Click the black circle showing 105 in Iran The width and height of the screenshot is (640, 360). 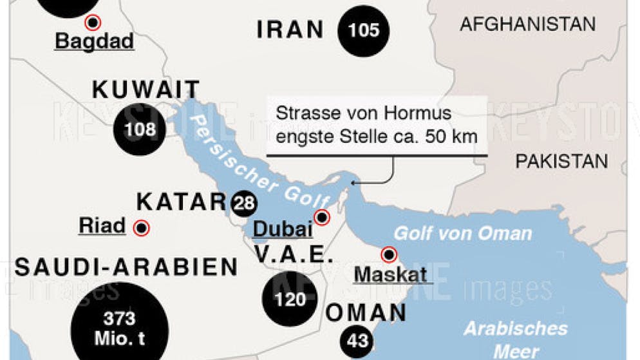364,30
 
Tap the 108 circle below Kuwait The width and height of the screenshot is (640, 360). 140,129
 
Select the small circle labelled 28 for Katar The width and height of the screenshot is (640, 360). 244,204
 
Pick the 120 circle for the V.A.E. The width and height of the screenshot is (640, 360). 290,299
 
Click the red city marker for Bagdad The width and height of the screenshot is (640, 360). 94,23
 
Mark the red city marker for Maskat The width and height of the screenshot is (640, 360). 389,255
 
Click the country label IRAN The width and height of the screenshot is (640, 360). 290,30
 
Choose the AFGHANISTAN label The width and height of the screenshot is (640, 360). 527,24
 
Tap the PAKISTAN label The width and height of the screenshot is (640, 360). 561,161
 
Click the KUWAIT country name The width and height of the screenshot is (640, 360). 146,89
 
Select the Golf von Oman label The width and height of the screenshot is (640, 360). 462,233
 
